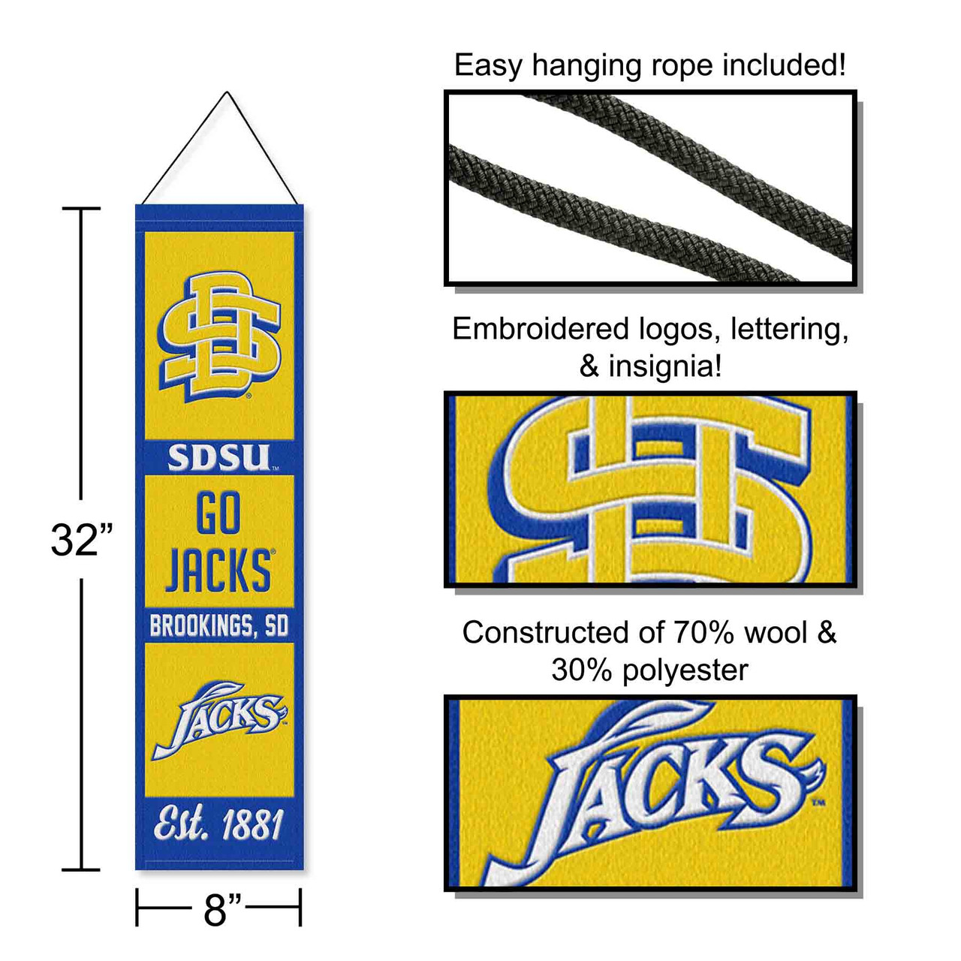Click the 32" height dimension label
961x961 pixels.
[x=82, y=539]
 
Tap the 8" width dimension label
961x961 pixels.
[x=218, y=909]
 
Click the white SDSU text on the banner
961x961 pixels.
[x=218, y=458]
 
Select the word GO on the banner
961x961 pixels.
[x=218, y=514]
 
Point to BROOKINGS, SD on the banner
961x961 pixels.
[x=218, y=625]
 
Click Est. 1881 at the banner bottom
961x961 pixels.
[x=218, y=824]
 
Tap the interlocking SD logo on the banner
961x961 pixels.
[x=218, y=336]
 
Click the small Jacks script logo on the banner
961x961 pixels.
[x=218, y=719]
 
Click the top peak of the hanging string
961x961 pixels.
[x=227, y=93]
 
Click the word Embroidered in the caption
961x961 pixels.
[x=541, y=330]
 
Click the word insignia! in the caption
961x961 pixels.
[x=664, y=366]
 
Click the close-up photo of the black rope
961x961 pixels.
[x=650, y=188]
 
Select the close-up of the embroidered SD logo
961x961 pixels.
[x=650, y=489]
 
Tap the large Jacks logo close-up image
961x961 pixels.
[x=650, y=792]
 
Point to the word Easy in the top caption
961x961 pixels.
[x=488, y=65]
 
